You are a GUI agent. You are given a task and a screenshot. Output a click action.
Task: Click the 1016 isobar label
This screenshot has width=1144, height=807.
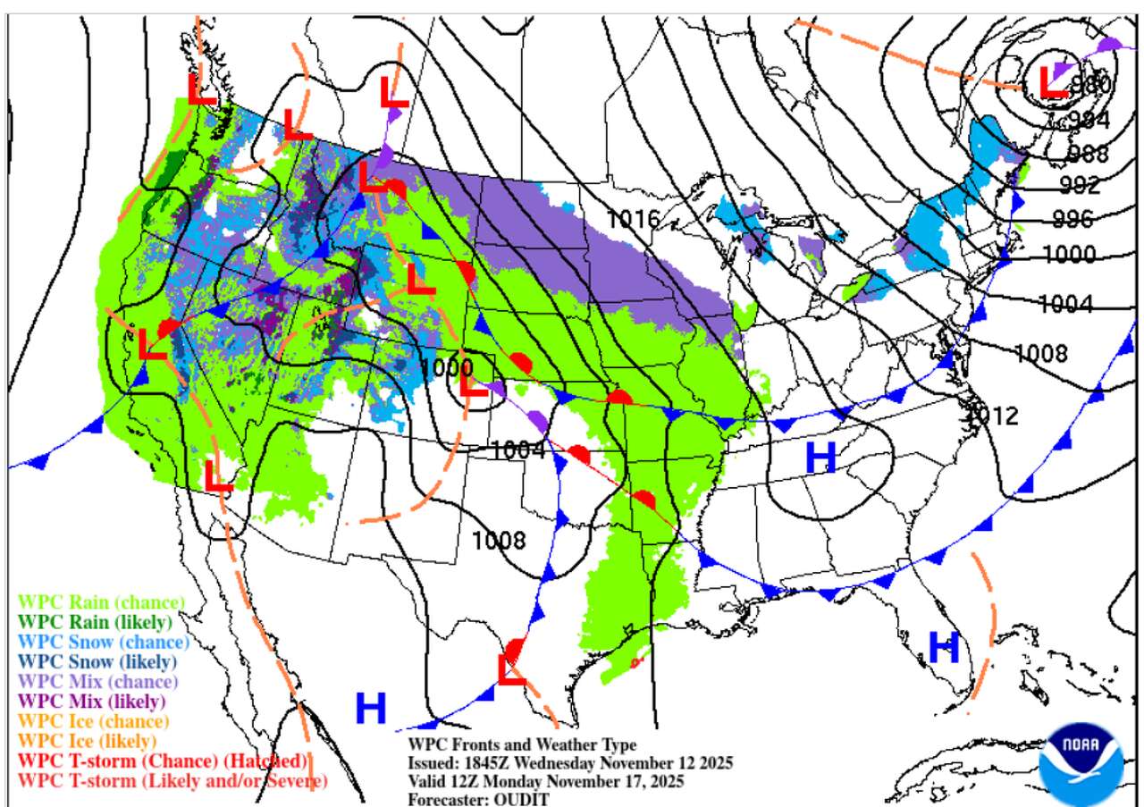tap(633, 219)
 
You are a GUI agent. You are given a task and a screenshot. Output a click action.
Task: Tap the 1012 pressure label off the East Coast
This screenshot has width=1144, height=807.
tap(993, 415)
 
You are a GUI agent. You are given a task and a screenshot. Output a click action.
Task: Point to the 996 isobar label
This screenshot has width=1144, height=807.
tap(1072, 218)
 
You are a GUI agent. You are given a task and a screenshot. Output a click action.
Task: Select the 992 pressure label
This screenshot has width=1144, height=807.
tap(1079, 185)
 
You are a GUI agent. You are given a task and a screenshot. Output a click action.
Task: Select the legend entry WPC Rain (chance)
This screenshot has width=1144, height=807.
tap(102, 601)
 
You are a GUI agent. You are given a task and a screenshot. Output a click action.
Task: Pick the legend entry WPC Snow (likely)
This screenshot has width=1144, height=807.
tap(97, 662)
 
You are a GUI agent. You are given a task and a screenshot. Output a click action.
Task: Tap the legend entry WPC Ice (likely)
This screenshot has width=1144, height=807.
tap(87, 741)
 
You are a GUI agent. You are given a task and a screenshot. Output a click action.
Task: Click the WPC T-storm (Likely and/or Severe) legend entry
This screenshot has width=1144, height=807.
tap(172, 780)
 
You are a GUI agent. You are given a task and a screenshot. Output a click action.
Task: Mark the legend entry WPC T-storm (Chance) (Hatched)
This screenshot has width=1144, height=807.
tap(163, 761)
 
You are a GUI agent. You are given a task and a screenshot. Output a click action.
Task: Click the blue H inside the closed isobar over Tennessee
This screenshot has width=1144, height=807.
tap(820, 458)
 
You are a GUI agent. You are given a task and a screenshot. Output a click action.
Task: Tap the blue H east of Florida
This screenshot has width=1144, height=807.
tap(943, 647)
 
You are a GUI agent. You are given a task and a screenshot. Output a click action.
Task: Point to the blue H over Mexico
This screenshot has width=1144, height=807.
tap(371, 709)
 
